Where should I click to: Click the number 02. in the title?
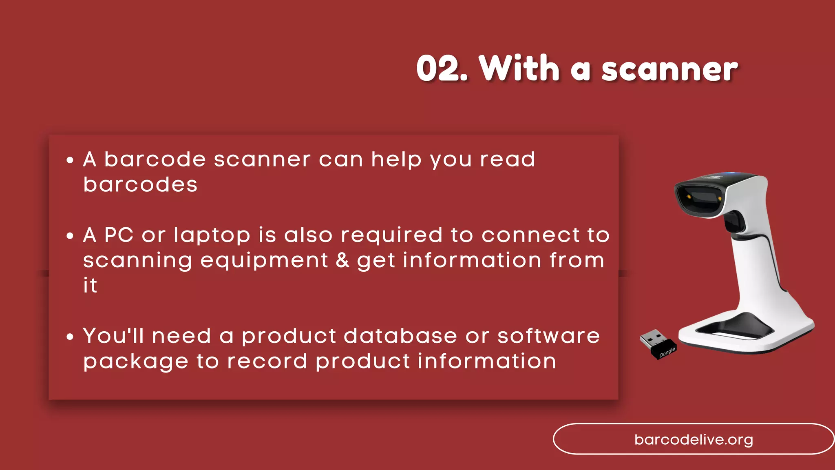pyautogui.click(x=441, y=69)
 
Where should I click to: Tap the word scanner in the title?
pyautogui.click(x=669, y=69)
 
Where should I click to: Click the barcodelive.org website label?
pyautogui.click(x=694, y=439)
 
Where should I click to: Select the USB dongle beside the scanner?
pyautogui.click(x=657, y=344)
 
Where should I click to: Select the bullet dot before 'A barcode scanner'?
pyautogui.click(x=70, y=160)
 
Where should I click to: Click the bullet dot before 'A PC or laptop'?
pyautogui.click(x=70, y=235)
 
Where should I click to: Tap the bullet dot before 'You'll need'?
pyautogui.click(x=70, y=337)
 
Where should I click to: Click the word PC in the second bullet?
pyautogui.click(x=119, y=235)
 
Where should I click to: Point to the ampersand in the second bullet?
pyautogui.click(x=342, y=260)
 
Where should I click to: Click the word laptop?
pyautogui.click(x=212, y=236)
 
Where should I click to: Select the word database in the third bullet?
pyautogui.click(x=400, y=336)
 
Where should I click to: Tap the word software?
pyautogui.click(x=548, y=336)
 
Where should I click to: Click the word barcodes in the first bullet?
pyautogui.click(x=140, y=184)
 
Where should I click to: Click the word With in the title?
pyautogui.click(x=519, y=69)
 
